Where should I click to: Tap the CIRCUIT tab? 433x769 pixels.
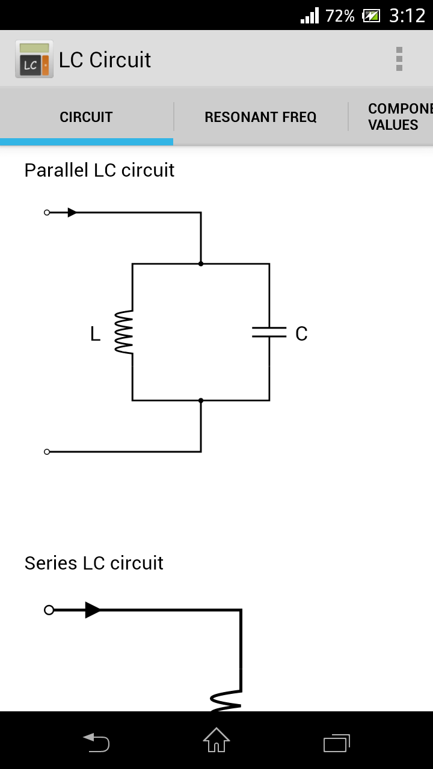tap(86, 117)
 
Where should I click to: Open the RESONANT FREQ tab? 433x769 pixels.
tap(260, 117)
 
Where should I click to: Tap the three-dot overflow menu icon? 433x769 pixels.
tap(399, 59)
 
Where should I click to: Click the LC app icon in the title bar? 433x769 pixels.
tap(34, 59)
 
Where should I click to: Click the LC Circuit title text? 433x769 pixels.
tap(105, 60)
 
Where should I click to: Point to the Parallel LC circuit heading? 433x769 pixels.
tap(99, 170)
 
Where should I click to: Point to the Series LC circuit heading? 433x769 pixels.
tap(94, 563)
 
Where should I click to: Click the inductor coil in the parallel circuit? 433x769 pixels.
tap(124, 332)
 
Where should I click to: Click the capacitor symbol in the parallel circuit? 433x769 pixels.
tap(269, 332)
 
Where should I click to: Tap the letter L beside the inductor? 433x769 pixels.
tap(95, 334)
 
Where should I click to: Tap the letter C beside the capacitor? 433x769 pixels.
tap(301, 334)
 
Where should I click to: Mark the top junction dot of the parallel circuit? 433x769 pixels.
tap(201, 264)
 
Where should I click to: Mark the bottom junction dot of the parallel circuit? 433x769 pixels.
tap(201, 400)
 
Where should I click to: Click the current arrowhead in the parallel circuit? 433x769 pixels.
tap(72, 213)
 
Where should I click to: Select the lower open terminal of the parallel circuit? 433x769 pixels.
tap(47, 452)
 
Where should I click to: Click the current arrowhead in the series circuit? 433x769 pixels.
tap(93, 610)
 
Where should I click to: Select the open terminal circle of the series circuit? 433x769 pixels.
tap(49, 610)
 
